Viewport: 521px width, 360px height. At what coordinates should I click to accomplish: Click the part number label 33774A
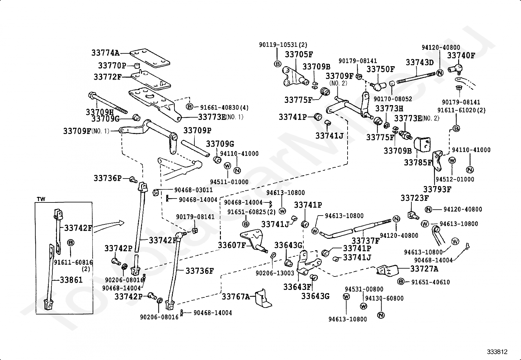point(105,53)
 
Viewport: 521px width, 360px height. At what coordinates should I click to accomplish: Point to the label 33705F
point(299,54)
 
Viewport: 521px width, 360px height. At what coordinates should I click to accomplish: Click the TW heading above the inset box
point(41,199)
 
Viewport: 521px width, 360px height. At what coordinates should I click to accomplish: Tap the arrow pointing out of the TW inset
point(109,226)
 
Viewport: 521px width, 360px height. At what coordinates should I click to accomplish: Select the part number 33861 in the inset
point(71,280)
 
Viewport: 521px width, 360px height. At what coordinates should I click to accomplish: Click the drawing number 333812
point(497,351)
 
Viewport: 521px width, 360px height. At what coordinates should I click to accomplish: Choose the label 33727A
point(424,269)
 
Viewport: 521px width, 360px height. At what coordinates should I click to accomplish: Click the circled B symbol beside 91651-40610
point(401,281)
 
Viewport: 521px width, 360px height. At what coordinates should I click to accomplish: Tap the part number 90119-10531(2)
point(283,45)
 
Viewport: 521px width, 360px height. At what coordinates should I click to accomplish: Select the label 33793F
point(437,190)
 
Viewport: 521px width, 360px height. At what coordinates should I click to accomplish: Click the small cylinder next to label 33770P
point(137,66)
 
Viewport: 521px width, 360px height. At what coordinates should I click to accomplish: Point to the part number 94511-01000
point(229,182)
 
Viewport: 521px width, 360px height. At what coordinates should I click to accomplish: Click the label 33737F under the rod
point(366,240)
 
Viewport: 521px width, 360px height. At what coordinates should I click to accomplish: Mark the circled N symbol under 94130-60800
point(381,315)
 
